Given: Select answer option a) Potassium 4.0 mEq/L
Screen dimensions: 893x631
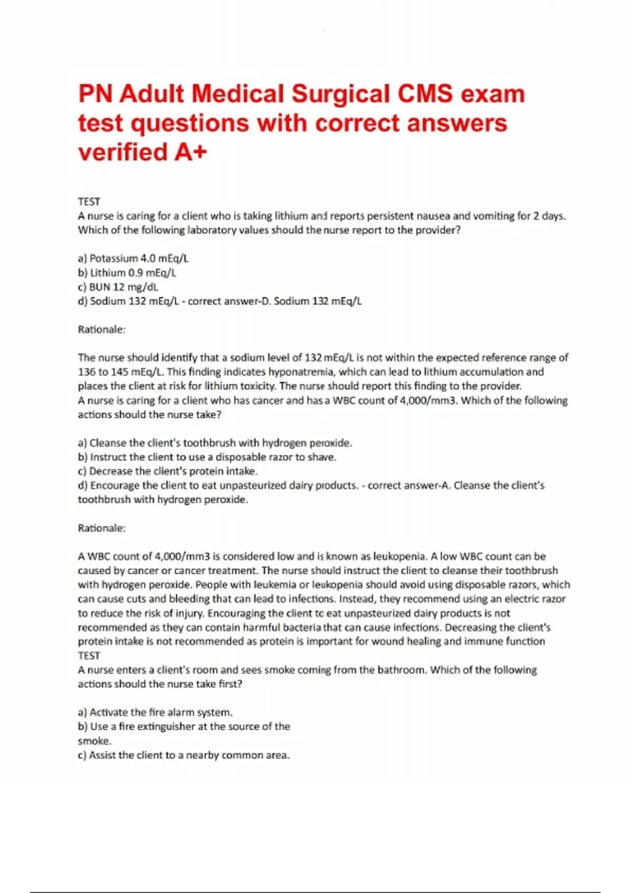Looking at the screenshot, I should point(133,258).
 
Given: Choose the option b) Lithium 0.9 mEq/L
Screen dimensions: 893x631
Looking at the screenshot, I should point(127,273).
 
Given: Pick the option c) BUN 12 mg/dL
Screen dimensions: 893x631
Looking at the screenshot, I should point(118,287).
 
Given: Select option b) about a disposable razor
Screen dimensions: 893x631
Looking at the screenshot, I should point(207,457).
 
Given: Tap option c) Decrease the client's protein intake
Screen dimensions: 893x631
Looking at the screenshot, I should point(168,471).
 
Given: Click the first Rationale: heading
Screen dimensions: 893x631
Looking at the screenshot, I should point(102,329).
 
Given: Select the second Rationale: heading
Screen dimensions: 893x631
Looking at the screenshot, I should point(102,528).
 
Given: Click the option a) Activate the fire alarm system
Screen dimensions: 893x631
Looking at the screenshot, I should point(155,712).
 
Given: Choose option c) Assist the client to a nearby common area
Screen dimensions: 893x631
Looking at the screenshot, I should point(184,755).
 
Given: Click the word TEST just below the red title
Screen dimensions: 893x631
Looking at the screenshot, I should point(89,202).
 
